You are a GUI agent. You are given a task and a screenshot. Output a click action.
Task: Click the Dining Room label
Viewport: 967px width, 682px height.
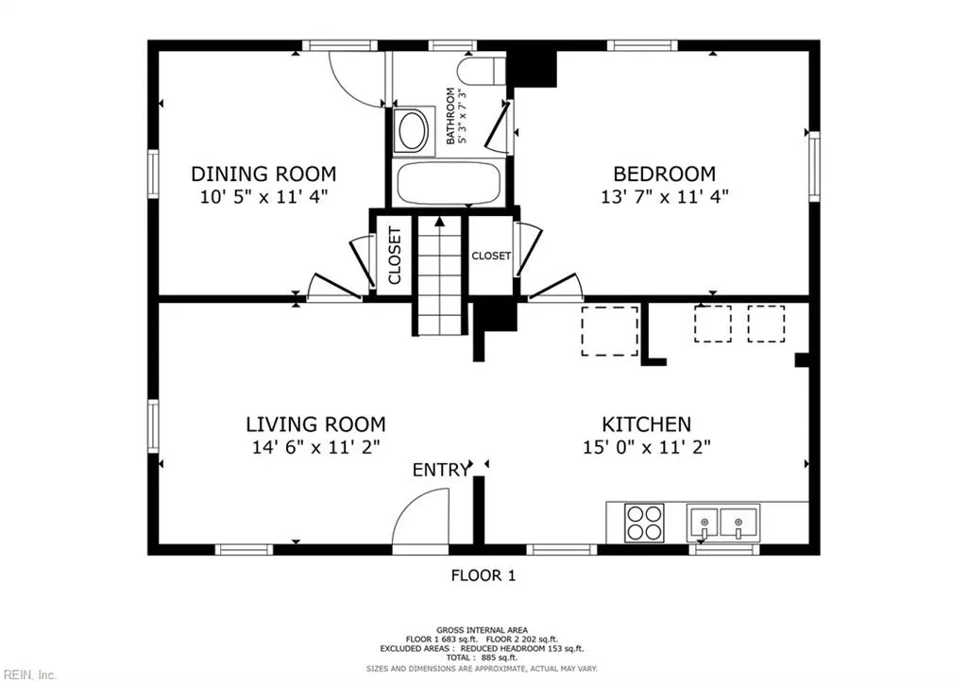tap(264, 174)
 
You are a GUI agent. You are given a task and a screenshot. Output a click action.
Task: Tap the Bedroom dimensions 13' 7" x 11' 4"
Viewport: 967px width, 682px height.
tap(664, 196)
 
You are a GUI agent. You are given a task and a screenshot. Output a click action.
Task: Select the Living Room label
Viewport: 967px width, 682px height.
tap(315, 424)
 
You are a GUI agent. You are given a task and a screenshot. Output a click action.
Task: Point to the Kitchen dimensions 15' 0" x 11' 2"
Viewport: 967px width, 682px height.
tap(646, 446)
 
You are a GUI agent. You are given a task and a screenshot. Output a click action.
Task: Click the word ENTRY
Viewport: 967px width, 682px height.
tap(440, 470)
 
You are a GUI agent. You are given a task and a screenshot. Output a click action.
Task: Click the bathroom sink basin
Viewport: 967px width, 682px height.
tap(413, 130)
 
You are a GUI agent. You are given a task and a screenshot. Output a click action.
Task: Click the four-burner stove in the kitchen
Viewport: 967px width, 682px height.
tap(644, 523)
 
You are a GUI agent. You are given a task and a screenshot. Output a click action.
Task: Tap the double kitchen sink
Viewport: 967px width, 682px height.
tap(722, 523)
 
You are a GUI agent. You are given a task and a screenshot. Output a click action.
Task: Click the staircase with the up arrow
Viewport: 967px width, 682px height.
tap(440, 274)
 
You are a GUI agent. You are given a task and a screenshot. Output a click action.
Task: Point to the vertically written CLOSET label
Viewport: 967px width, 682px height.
tap(395, 256)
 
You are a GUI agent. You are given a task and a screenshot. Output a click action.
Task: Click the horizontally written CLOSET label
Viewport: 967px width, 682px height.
tap(491, 255)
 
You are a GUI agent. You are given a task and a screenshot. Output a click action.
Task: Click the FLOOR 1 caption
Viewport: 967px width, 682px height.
tap(483, 575)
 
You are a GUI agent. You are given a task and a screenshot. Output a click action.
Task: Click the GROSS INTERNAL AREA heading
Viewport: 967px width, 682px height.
tap(482, 629)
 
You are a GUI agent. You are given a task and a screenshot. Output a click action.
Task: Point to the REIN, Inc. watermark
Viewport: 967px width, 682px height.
tap(28, 674)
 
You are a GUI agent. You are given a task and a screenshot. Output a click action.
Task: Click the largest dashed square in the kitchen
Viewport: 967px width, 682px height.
tap(609, 330)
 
